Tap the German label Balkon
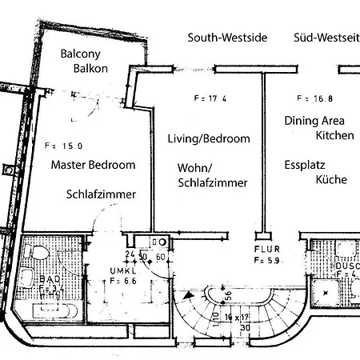tap(90, 69)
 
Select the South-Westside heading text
tap(227, 38)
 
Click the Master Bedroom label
tap(93, 165)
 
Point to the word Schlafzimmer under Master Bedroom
tap(101, 194)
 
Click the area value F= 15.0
tap(63, 146)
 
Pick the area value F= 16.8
tap(314, 99)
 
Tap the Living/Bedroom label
tap(208, 138)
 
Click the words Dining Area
tap(314, 121)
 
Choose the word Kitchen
tap(334, 136)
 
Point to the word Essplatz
tap(305, 166)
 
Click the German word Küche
tap(331, 181)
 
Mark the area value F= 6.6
tap(124, 282)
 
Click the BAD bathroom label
tap(26, 279)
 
